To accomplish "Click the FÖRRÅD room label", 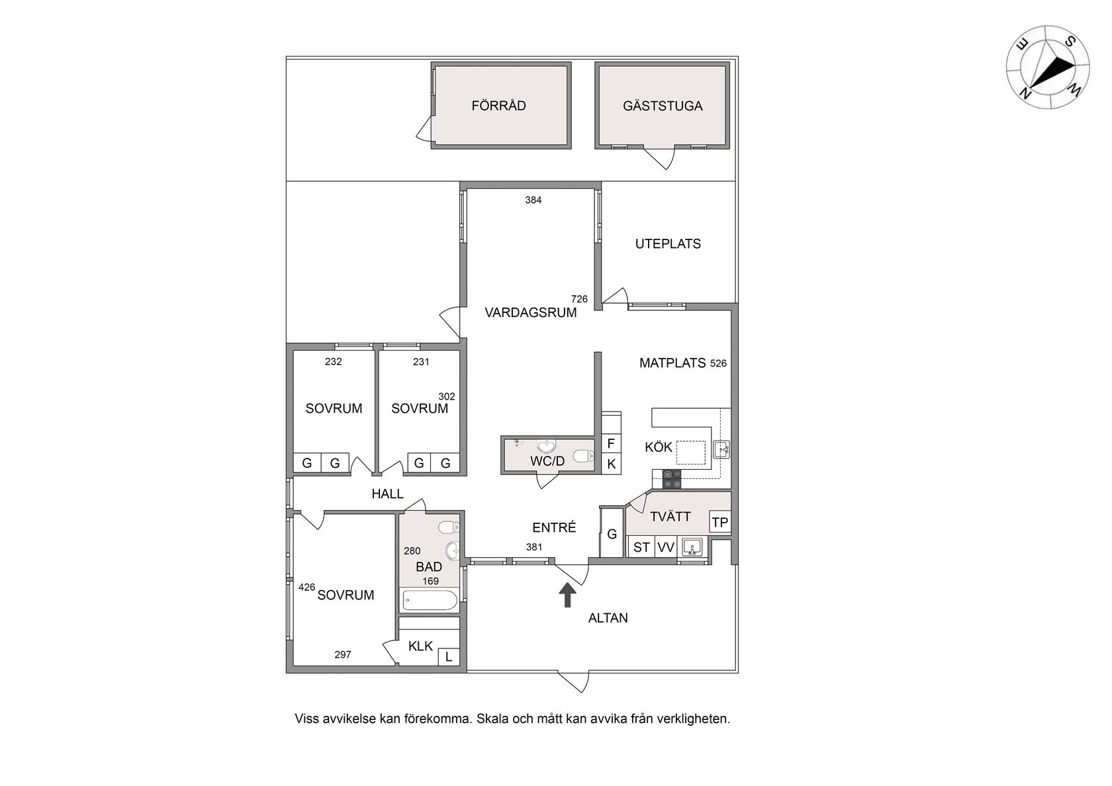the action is click(x=498, y=106).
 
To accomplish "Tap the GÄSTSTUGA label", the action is click(x=663, y=106).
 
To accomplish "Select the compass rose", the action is click(x=1047, y=67).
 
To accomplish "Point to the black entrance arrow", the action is click(x=567, y=595).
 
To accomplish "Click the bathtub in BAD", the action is click(x=430, y=600).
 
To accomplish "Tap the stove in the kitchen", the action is click(x=672, y=479).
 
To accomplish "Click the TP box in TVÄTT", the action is click(x=720, y=522).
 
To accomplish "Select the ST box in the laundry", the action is click(x=641, y=546).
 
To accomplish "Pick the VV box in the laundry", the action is click(x=666, y=546).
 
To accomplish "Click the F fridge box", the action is click(x=611, y=443).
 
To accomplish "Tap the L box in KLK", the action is click(x=449, y=657).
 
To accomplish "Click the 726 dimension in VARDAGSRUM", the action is click(x=579, y=299).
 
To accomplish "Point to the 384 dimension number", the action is click(x=533, y=200).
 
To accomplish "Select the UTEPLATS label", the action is click(x=668, y=243).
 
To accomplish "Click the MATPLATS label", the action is click(x=672, y=363).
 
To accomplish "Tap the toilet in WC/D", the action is click(x=582, y=455).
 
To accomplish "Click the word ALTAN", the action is click(x=608, y=618).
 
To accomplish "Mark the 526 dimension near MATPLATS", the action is click(x=718, y=363).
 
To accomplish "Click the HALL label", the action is click(x=387, y=494).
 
